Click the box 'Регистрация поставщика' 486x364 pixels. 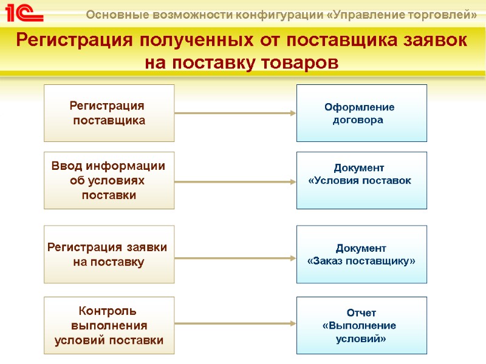point(109,113)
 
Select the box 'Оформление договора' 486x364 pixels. point(361,113)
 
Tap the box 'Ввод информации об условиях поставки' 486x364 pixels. point(109,180)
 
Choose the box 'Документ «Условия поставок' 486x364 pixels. point(361,180)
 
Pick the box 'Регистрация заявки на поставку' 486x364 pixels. point(109,254)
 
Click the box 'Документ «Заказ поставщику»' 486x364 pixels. point(361,254)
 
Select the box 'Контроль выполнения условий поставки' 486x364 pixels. point(109,325)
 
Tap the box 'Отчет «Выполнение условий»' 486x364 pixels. point(361,325)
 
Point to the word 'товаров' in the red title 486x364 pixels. point(298,62)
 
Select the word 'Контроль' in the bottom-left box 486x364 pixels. point(109,312)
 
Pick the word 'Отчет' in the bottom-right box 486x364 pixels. point(361,313)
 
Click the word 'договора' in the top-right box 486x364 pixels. point(358,120)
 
